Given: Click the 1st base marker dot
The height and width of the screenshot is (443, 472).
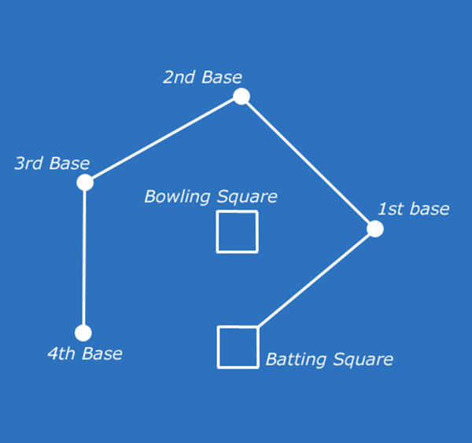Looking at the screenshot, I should coord(375,229).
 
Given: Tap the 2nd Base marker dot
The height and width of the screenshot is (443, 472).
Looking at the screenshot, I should coord(242,97).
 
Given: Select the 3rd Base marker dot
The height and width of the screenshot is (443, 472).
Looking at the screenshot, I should coord(85,182).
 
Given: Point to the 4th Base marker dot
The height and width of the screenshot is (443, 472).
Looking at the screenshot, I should coord(83,333).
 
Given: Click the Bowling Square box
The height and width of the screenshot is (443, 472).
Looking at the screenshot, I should coord(237,232).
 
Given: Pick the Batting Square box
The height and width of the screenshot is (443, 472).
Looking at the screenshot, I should coord(238,346).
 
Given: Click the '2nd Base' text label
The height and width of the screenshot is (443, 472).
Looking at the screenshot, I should coord(202,77).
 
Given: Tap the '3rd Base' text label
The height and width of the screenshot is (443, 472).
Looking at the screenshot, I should coord(52,163).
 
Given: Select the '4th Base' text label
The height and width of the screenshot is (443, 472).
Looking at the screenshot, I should coord(84,353).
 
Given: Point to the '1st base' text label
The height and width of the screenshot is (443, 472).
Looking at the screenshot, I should coord(413,209).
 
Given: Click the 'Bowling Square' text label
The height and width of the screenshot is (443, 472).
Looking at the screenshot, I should coord(210,196).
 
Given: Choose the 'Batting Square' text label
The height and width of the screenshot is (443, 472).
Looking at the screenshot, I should coord(329,360).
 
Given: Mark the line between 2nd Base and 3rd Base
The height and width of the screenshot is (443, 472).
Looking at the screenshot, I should coord(164,139).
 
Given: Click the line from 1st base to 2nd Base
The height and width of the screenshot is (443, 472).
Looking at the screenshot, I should coord(308,163).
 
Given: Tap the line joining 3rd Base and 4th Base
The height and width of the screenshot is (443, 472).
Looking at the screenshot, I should coord(84,258).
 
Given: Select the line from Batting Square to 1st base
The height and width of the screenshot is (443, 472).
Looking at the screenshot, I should coord(316,278).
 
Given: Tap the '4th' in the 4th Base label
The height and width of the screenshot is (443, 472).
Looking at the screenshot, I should coord(61,353).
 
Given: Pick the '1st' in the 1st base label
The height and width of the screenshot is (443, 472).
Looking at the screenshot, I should coord(391,209).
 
